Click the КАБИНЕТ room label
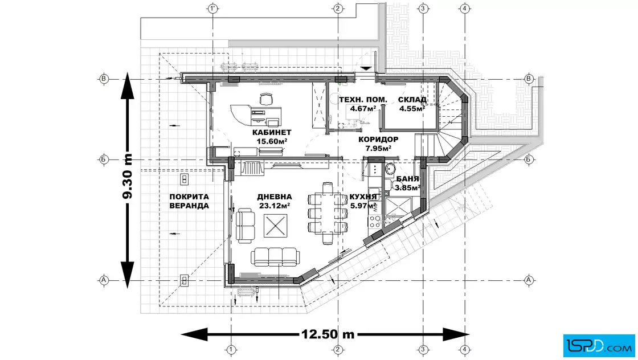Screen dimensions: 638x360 pyautogui.click(x=272, y=132)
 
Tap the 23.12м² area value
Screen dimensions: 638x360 pyautogui.click(x=274, y=206)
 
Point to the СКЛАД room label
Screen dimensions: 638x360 pyautogui.click(x=412, y=100)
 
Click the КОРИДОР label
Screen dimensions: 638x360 pyautogui.click(x=378, y=139)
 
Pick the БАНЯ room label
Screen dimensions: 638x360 pyautogui.click(x=407, y=179)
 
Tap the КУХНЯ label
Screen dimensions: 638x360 pyautogui.click(x=363, y=197)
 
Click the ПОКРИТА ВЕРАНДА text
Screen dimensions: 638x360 pyautogui.click(x=189, y=201)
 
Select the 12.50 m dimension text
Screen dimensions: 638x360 pyautogui.click(x=328, y=334)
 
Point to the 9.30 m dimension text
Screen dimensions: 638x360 pyautogui.click(x=128, y=176)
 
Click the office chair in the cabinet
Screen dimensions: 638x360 pyautogui.click(x=265, y=99)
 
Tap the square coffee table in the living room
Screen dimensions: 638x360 pyautogui.click(x=276, y=226)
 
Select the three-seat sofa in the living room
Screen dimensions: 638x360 pyautogui.click(x=275, y=257)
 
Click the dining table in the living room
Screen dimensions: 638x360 pyautogui.click(x=328, y=213)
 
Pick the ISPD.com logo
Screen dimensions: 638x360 pyautogui.click(x=599, y=346)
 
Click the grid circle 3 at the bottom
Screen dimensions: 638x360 pyautogui.click(x=423, y=349)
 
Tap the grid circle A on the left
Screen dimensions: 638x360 pyautogui.click(x=103, y=280)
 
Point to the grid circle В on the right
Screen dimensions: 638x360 pyautogui.click(x=529, y=79)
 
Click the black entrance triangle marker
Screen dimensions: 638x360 pyautogui.click(x=366, y=68)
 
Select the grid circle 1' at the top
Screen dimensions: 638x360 pyautogui.click(x=212, y=8)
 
